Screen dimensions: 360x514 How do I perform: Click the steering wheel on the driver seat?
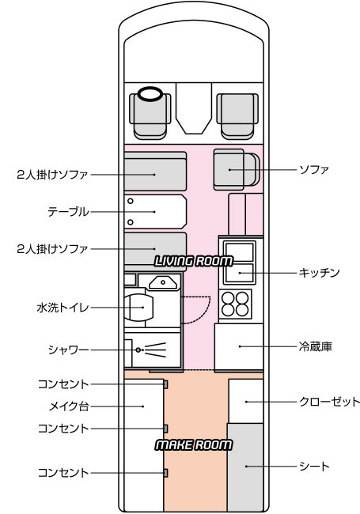click(x=150, y=94)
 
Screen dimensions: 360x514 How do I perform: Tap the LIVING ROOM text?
click(x=193, y=261)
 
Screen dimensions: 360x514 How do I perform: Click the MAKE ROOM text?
click(x=193, y=445)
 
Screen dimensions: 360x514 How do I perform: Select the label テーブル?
click(x=68, y=212)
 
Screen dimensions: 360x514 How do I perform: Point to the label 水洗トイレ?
click(x=63, y=308)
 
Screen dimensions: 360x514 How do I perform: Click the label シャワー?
click(x=68, y=350)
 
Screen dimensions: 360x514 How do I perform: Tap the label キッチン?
click(x=319, y=273)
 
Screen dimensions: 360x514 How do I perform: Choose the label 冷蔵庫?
click(x=316, y=346)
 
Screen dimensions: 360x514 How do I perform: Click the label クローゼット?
click(x=329, y=402)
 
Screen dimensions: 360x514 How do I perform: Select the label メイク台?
click(x=69, y=406)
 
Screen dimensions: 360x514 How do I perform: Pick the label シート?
click(x=314, y=466)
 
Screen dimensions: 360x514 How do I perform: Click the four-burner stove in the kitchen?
click(x=235, y=304)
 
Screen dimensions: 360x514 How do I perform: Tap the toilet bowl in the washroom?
click(x=139, y=308)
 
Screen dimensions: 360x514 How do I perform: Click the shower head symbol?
click(x=151, y=350)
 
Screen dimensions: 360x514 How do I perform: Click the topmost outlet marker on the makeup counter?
click(x=165, y=384)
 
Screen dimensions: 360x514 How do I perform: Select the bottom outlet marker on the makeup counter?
click(x=165, y=473)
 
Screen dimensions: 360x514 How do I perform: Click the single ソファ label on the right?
click(x=314, y=170)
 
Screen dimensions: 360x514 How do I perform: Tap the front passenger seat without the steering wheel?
click(x=237, y=116)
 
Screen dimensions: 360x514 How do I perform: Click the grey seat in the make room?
click(x=245, y=467)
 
